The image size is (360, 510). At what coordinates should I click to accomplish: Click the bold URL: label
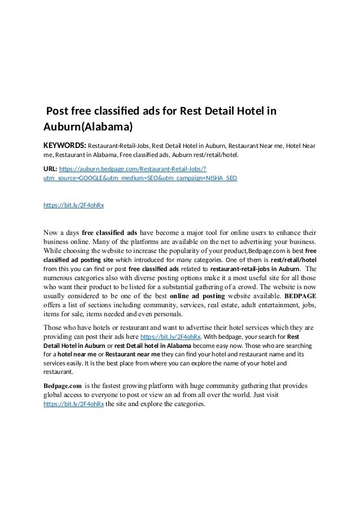pos(50,168)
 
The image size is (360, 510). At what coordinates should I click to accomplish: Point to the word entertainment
pos(269,305)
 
